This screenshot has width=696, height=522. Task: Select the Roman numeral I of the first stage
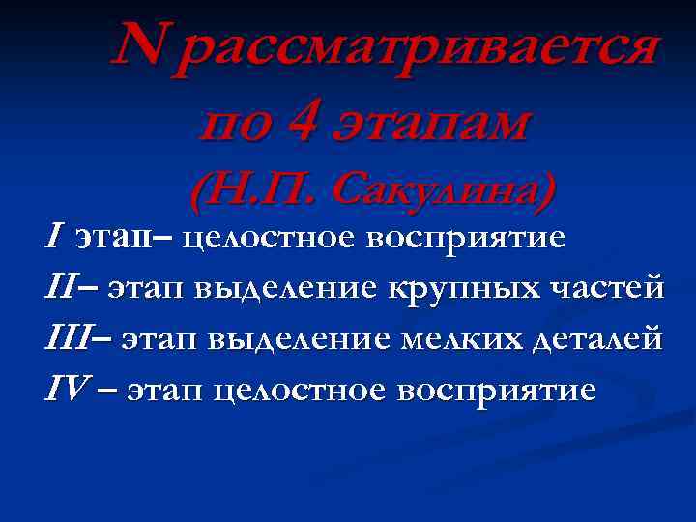click(55, 236)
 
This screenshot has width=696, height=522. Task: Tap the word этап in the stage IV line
click(165, 391)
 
